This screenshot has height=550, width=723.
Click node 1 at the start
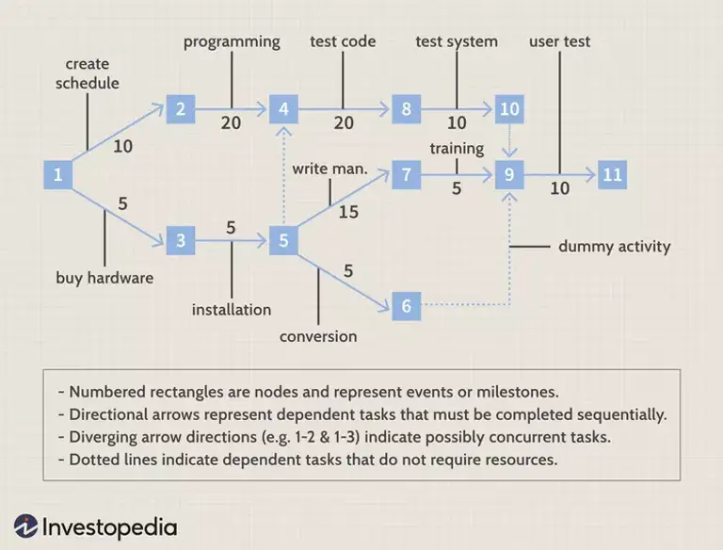coord(58,174)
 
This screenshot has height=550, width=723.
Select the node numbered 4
coord(283,109)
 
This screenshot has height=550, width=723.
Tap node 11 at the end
coord(612,174)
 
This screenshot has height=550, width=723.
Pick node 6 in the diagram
coord(406,306)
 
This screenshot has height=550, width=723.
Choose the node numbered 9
coord(509,174)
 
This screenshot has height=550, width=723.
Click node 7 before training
coord(406,174)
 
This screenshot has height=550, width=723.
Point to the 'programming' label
coord(232,41)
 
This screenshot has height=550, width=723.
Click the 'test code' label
coord(343,41)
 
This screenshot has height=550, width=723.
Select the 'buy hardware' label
coord(104,278)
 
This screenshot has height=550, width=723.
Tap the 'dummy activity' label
coord(614,247)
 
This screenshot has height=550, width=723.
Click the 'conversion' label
coord(318,336)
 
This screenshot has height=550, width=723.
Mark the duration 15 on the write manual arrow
coord(348,212)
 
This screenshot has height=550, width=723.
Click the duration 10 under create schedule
coord(123,146)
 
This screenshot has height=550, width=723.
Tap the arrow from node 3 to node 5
coord(232,241)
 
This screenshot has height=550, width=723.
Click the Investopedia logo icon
coord(25,526)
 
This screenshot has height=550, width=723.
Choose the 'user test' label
coord(559,41)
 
